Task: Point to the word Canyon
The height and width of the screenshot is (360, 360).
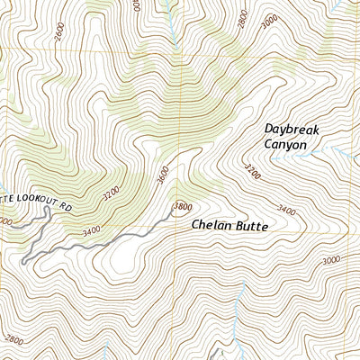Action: coord(285,144)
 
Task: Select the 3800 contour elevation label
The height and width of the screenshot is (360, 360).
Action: coord(183,207)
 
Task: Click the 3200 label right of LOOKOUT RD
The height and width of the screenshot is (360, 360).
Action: coord(110,193)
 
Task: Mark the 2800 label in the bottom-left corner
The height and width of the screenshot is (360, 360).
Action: coord(14,340)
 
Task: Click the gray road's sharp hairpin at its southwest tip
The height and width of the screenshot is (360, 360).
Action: coord(22,262)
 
